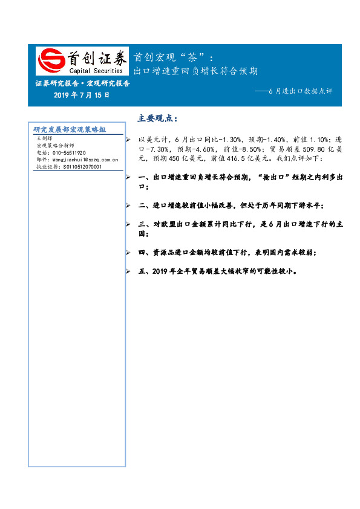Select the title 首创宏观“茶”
coord(172,57)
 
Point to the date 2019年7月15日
coord(82,95)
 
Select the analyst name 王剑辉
coord(45,138)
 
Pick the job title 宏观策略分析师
coord(55,146)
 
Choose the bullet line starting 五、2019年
coord(217,271)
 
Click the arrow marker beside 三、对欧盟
coord(127,224)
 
